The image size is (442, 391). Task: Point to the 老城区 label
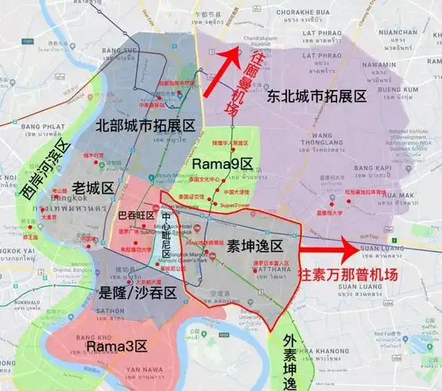point(93,187)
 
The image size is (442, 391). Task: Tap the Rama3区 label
point(113,345)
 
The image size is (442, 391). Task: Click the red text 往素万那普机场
point(349,274)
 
